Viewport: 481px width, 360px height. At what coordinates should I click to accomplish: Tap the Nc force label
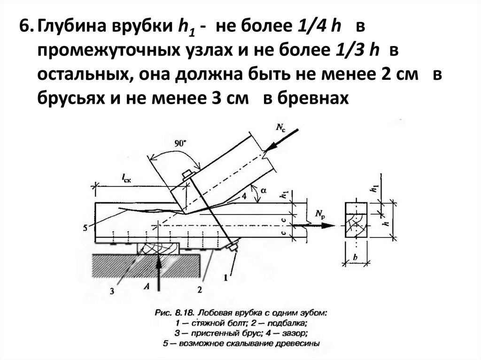[x=280, y=126]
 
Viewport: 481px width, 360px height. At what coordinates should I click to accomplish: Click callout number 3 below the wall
[x=112, y=291]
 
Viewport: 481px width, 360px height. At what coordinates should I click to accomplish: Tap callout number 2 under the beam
[x=199, y=290]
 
